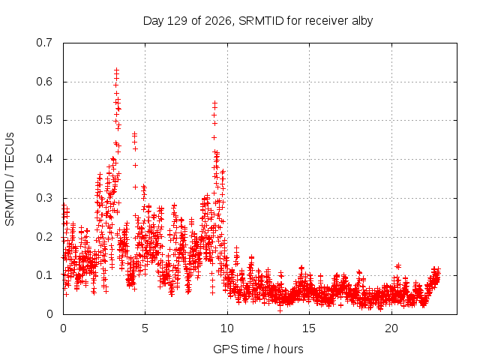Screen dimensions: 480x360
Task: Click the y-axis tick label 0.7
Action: (x=44, y=43)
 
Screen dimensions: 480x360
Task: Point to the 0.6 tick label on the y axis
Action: (x=44, y=82)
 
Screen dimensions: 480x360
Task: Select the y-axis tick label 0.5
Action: (x=44, y=120)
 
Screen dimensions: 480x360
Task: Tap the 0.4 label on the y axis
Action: (x=44, y=159)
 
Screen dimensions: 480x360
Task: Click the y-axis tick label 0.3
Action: (x=44, y=198)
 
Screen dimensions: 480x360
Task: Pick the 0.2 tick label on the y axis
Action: (x=44, y=237)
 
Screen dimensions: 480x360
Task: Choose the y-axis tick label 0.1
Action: (x=44, y=275)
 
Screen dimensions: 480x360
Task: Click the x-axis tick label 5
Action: (x=145, y=328)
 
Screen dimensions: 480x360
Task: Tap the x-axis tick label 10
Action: (x=226, y=328)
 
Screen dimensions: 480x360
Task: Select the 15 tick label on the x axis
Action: (x=309, y=328)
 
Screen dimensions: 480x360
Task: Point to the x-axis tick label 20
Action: (x=391, y=328)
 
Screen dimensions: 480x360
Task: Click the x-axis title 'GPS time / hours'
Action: (x=258, y=349)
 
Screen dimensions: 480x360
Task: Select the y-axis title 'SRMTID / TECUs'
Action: (x=10, y=179)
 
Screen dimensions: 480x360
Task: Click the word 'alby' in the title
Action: (x=362, y=21)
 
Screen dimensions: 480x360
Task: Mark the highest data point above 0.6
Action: (x=117, y=70)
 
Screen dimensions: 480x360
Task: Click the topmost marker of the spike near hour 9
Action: (x=215, y=103)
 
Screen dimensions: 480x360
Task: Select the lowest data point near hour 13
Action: (x=280, y=310)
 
